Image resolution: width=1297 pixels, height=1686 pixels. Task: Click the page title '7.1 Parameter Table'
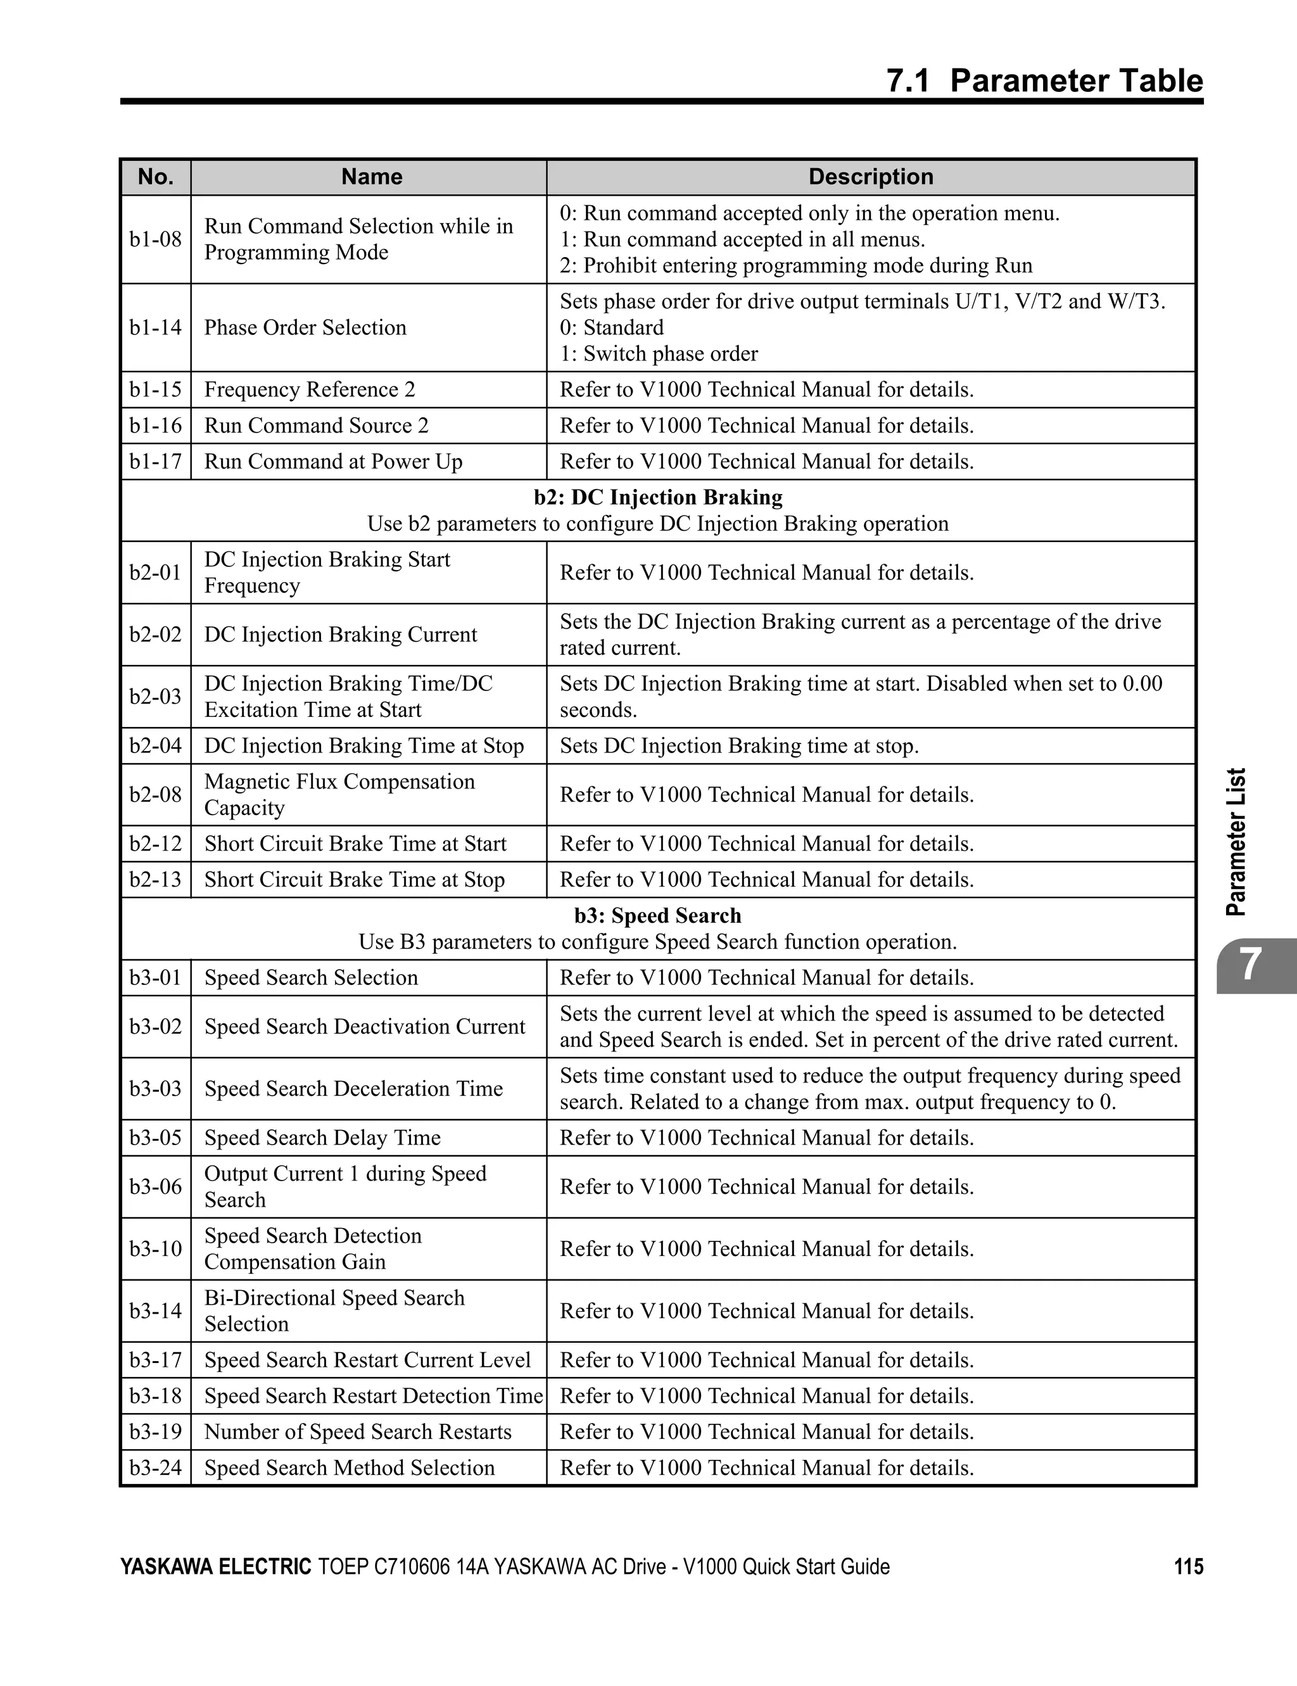1044,81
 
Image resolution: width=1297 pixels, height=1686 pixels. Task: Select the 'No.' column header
155,177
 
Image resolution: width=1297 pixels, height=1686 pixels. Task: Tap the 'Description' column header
870,177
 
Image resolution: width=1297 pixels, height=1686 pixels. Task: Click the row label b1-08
155,239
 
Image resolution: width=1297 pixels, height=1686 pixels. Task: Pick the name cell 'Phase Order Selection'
305,327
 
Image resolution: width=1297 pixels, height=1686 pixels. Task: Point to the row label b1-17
155,462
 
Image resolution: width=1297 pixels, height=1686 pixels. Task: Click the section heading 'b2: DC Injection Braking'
658,497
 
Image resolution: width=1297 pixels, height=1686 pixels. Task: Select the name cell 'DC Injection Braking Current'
341,635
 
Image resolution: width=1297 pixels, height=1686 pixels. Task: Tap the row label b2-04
155,745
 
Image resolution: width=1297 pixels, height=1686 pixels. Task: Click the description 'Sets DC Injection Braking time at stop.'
739,745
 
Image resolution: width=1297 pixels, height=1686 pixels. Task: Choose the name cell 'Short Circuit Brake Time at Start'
355,844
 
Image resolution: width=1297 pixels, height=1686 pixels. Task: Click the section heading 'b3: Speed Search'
658,916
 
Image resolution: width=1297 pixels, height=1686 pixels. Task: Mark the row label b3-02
155,1027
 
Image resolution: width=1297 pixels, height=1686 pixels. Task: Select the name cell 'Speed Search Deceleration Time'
353,1089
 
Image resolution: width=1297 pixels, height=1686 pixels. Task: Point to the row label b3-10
155,1249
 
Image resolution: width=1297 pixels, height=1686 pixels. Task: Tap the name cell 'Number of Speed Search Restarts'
357,1432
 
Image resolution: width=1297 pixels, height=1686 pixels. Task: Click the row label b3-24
155,1467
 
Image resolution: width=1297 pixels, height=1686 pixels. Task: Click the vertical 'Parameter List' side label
1236,842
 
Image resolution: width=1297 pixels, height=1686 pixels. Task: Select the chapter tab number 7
1251,965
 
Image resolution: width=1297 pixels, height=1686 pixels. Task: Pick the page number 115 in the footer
1188,1566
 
